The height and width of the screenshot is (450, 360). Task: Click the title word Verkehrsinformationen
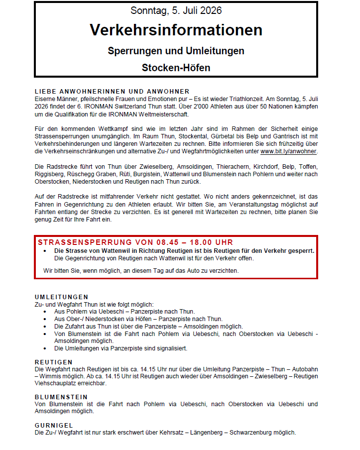coord(176,30)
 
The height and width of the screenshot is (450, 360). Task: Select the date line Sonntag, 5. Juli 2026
coord(176,10)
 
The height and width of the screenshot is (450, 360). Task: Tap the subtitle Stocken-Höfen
coord(176,67)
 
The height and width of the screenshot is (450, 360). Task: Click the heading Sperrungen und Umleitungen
coord(176,51)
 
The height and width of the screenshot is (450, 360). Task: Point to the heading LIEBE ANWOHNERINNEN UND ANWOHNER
coord(112,91)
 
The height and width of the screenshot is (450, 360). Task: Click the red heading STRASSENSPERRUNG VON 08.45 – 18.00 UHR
coord(135,242)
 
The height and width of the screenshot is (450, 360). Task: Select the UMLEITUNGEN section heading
coord(62,297)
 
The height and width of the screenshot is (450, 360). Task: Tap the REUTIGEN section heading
coord(54,362)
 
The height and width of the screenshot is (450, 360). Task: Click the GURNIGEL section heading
coord(54,425)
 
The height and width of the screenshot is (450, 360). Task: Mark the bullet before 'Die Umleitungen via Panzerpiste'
coord(46,348)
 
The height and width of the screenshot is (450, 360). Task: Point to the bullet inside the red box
coord(46,251)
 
